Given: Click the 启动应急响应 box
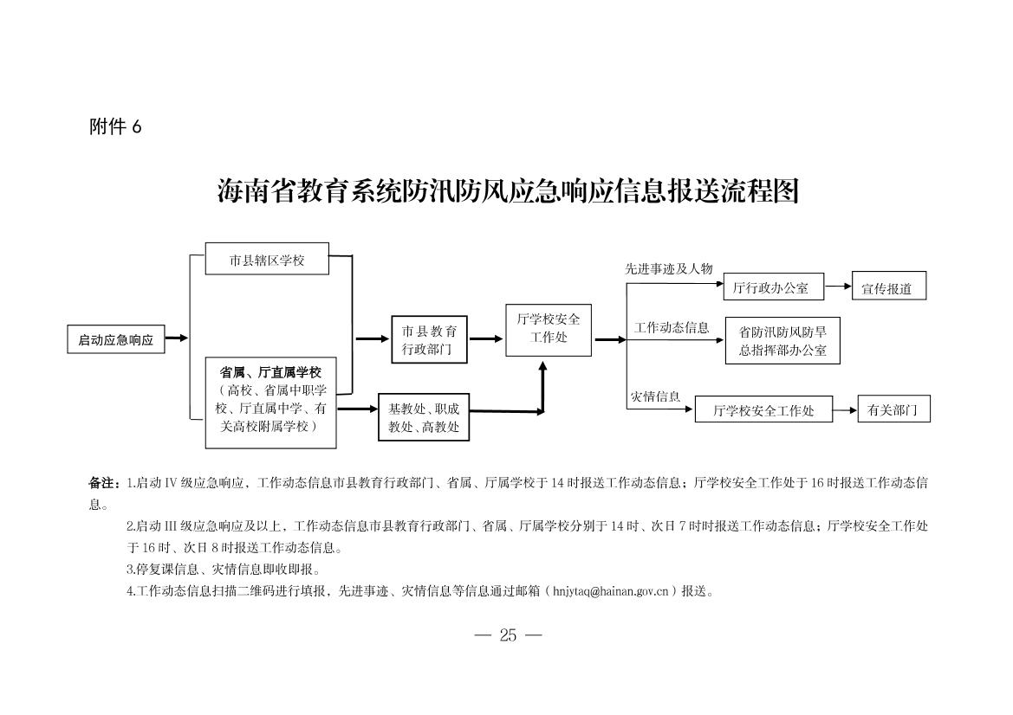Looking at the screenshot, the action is (x=116, y=339).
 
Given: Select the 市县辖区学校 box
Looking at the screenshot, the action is (x=267, y=259).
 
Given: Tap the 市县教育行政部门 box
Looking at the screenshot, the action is (x=429, y=339).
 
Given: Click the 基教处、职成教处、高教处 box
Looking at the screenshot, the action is (x=424, y=417).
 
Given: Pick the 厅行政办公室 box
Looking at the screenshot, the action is (x=773, y=287).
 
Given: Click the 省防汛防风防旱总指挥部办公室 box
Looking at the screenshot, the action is (x=782, y=341).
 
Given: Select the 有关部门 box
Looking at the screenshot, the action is (x=893, y=409).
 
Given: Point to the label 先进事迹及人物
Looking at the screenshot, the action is (x=669, y=268).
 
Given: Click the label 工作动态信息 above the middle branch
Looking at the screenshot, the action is (x=672, y=327).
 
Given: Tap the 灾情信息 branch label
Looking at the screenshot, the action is (x=655, y=396).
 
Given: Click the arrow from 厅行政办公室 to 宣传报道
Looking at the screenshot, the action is (x=838, y=286).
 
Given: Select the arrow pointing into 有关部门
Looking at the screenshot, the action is (x=845, y=409).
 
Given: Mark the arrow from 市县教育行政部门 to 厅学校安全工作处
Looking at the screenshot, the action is (x=486, y=338).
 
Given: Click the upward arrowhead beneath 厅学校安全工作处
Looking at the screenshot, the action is (x=542, y=366).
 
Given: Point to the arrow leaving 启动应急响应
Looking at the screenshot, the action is (x=177, y=338).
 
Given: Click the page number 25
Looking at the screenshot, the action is (x=508, y=635).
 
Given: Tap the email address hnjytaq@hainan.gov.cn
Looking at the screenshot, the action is (x=611, y=590).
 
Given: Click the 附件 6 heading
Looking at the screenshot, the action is (x=115, y=126).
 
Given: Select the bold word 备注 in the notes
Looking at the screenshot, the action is (x=102, y=483).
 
